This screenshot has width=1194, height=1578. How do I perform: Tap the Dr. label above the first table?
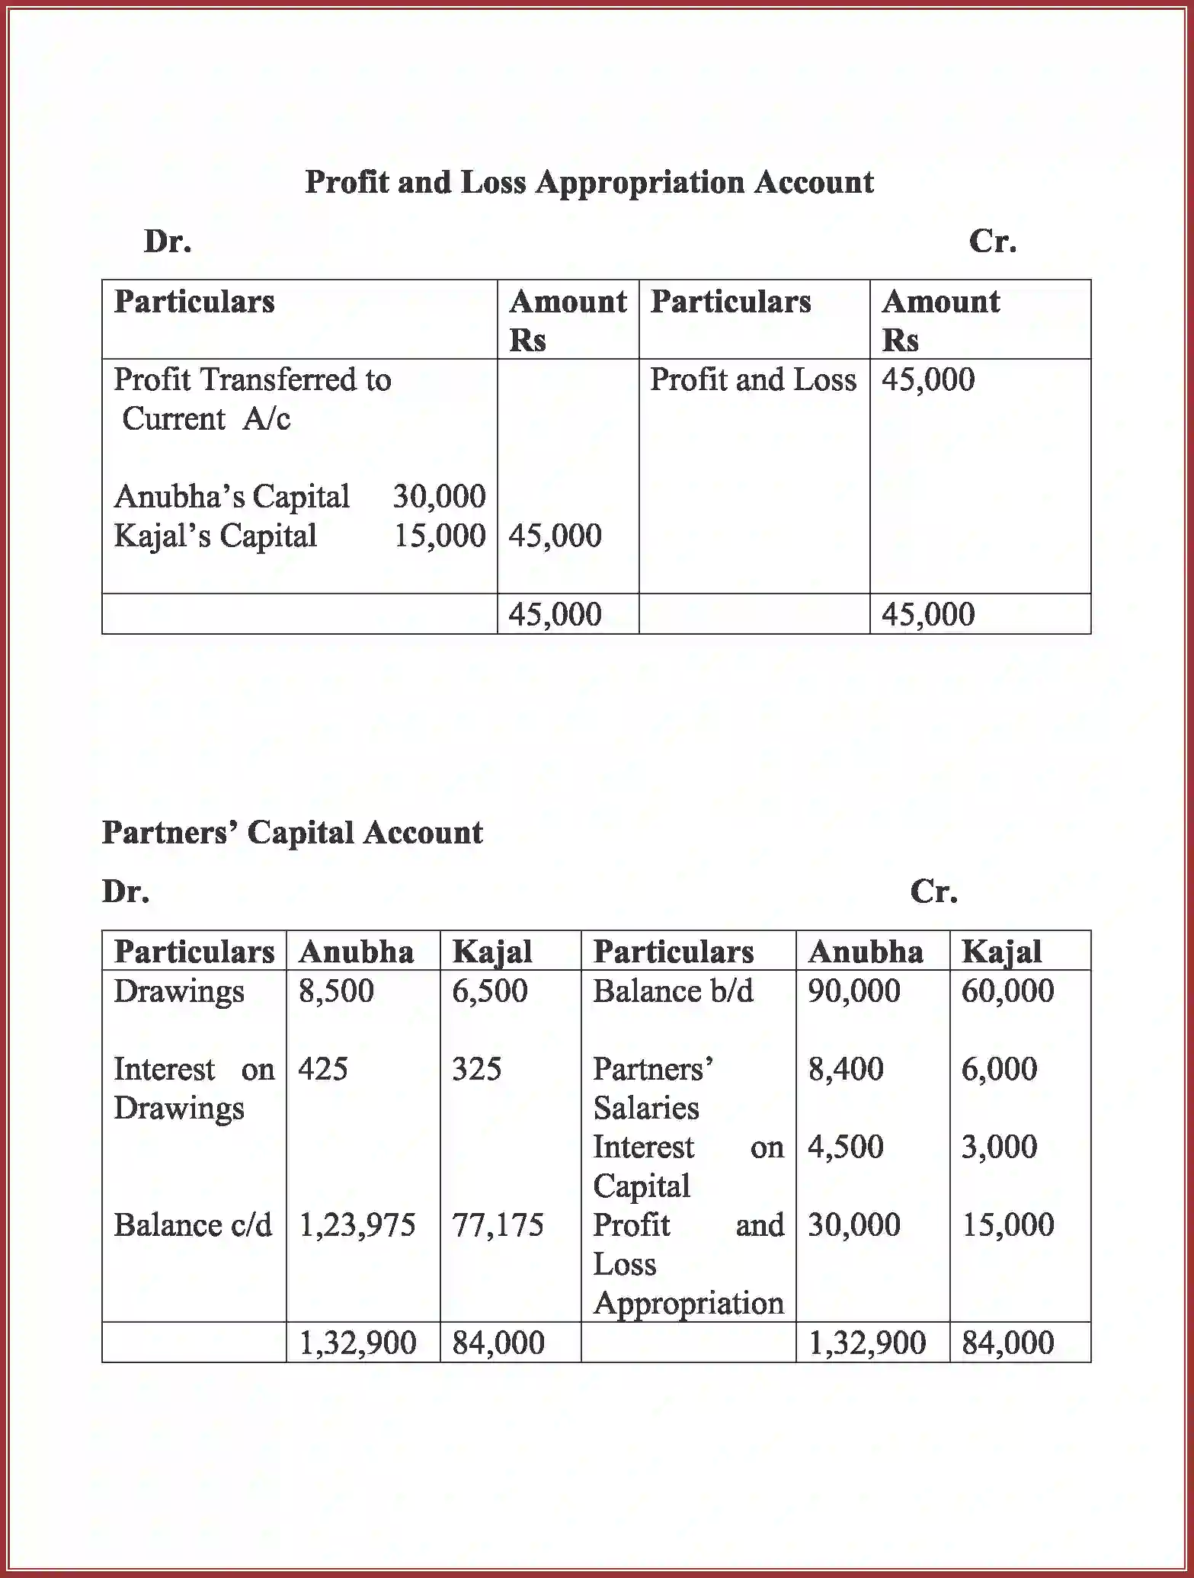(x=168, y=242)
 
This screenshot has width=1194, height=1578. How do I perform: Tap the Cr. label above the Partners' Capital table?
(x=933, y=891)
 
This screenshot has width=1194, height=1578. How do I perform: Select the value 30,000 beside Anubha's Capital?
(x=439, y=497)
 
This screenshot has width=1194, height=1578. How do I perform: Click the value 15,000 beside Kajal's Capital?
(x=439, y=536)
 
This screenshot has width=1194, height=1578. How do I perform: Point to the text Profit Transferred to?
(x=252, y=380)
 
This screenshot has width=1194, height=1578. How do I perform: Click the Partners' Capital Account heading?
(x=292, y=833)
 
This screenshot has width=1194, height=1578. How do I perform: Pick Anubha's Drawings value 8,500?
(x=336, y=991)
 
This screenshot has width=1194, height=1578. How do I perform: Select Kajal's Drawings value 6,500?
(x=489, y=991)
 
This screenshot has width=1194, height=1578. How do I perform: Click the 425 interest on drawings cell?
(x=323, y=1069)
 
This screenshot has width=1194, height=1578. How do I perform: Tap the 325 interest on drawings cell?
(x=476, y=1069)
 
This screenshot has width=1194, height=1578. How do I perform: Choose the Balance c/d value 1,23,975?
(x=357, y=1225)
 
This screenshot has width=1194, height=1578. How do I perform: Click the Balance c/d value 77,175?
(x=498, y=1225)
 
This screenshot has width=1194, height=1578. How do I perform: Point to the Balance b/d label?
(x=673, y=991)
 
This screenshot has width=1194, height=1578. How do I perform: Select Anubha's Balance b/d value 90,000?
(x=854, y=991)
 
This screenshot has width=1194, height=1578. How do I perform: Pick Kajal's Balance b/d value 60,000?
(x=1007, y=991)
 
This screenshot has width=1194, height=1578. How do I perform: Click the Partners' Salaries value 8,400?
(x=846, y=1069)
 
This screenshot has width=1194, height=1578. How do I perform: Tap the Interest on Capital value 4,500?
(x=846, y=1147)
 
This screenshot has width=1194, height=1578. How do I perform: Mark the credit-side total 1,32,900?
(x=867, y=1343)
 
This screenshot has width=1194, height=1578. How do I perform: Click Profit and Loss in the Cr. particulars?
(x=753, y=380)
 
